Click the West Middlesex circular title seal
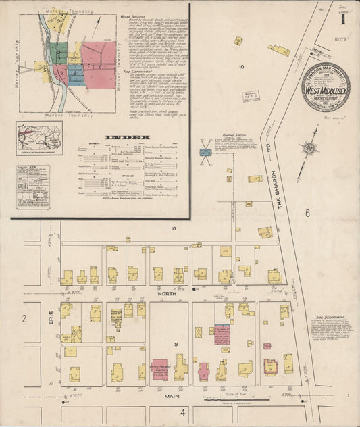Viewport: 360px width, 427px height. tap(326, 86)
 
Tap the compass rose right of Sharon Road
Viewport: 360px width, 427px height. tap(309, 147)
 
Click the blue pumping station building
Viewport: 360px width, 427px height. tap(205, 153)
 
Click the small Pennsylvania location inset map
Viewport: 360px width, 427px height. tap(39, 139)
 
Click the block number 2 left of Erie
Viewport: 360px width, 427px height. tap(23, 318)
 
